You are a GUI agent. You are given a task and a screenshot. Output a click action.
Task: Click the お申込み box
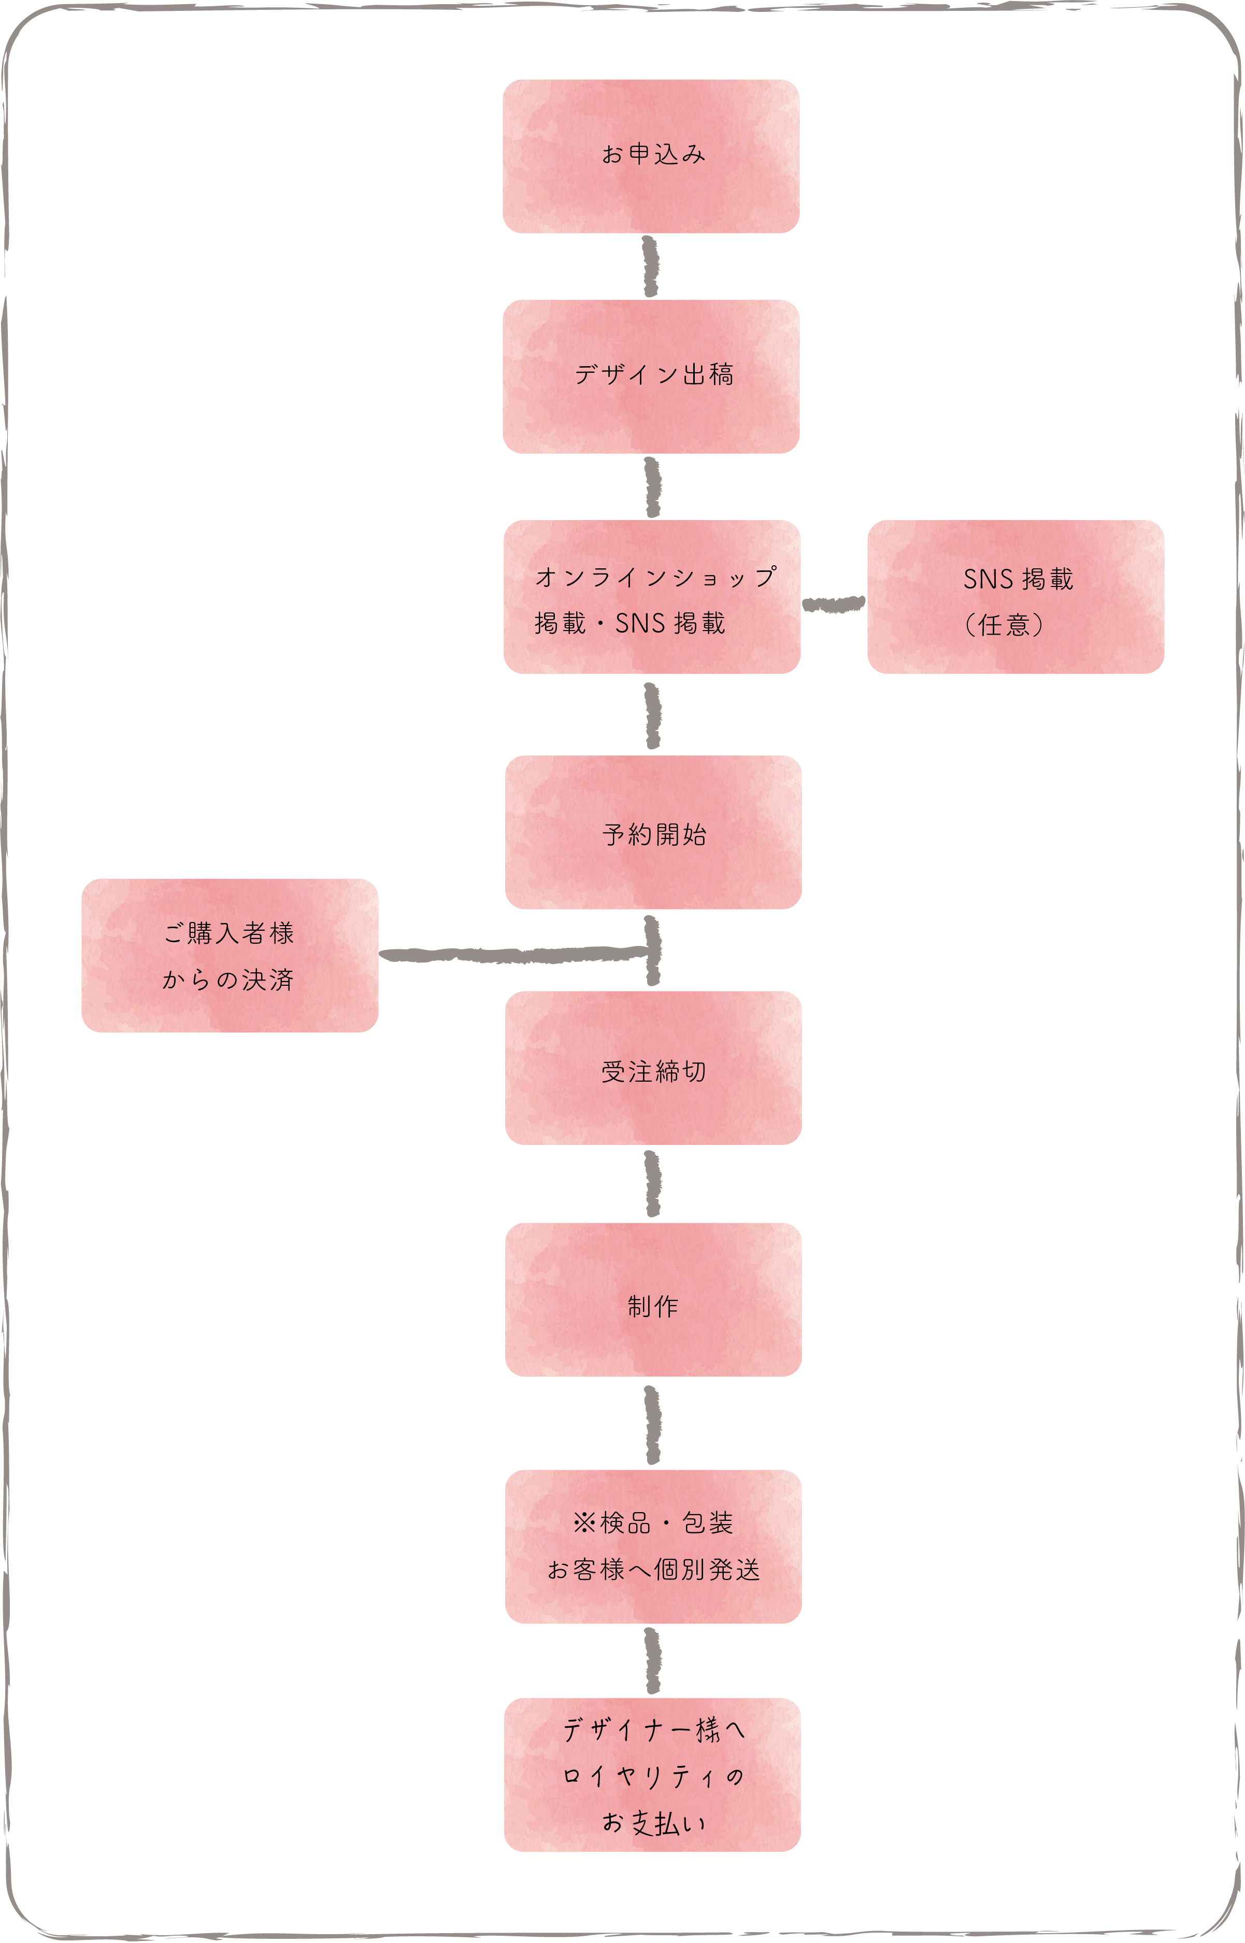[651, 156]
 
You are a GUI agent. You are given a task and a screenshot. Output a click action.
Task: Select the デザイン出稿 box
[651, 376]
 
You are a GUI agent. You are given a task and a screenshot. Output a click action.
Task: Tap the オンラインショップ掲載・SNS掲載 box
[652, 597]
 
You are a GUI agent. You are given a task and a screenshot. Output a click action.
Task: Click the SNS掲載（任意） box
[1015, 597]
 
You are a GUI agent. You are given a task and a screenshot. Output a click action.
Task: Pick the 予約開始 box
[653, 832]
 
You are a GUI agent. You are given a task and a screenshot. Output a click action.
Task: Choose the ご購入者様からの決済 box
[230, 955]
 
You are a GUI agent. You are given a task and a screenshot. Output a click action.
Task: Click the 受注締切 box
[653, 1068]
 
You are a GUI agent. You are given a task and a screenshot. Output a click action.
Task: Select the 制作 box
[653, 1300]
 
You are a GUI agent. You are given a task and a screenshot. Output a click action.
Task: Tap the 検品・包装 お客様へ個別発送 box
[653, 1547]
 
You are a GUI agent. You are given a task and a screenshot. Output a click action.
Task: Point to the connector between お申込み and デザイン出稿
[651, 266]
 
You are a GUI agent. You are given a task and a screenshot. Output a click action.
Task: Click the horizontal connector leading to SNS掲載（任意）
[834, 604]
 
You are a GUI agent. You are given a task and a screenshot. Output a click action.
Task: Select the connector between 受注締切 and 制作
[652, 1183]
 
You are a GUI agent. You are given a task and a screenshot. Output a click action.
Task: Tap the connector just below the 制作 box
[652, 1424]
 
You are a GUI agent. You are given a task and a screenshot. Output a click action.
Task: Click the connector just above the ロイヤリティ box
[652, 1661]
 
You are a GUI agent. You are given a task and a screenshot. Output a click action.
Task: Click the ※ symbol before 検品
[584, 1523]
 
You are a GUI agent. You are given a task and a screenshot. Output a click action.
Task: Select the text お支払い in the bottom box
[653, 1823]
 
